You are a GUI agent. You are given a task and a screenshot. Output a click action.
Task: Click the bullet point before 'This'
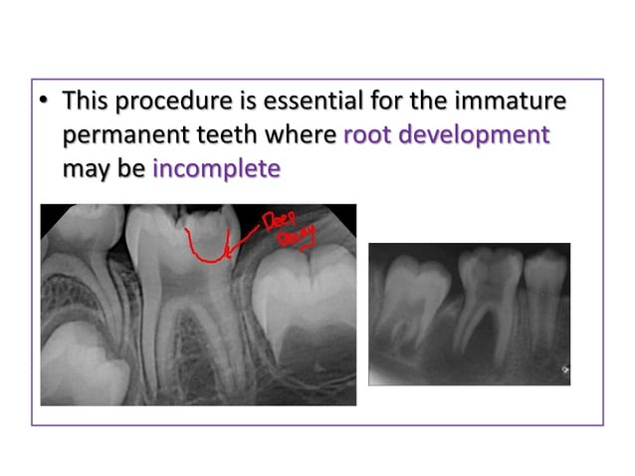click(46, 102)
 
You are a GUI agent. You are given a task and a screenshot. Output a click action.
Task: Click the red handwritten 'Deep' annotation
click(280, 220)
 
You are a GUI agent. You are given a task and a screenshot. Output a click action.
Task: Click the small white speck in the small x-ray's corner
click(564, 370)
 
